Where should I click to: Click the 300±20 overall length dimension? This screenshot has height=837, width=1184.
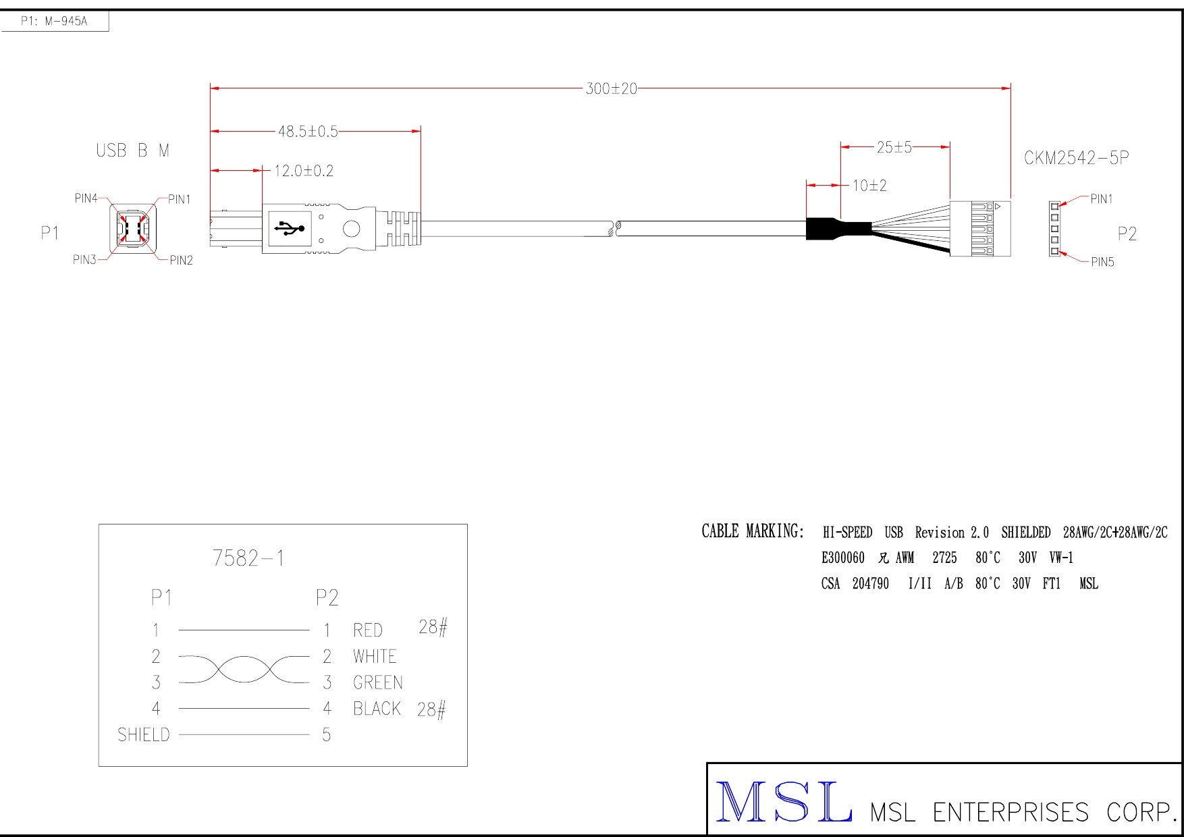pos(611,88)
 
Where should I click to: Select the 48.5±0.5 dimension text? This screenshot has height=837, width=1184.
pos(308,132)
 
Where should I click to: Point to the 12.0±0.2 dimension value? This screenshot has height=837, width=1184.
pos(304,171)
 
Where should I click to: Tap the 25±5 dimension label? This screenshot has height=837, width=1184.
pos(894,147)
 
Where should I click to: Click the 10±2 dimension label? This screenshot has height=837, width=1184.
pos(869,186)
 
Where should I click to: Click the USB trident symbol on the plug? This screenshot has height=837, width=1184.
pos(289,228)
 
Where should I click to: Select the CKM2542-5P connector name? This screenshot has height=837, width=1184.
pos(1076,158)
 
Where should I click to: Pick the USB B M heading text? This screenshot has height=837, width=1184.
pos(133,151)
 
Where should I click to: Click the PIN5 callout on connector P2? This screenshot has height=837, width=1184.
pos(1102,262)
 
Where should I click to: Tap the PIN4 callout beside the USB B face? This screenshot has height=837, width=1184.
pos(86,198)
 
